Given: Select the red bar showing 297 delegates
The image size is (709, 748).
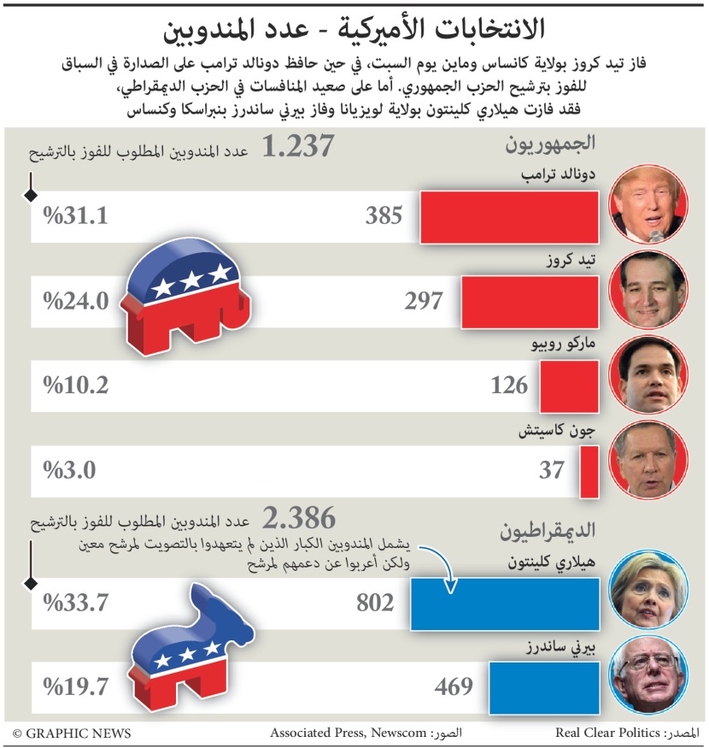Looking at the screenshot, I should pos(529,300).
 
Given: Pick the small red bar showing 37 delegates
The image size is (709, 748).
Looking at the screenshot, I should pos(589,470).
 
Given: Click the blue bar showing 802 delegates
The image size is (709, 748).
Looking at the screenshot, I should pos(505,603).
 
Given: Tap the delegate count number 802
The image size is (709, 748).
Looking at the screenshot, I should pos(375,603).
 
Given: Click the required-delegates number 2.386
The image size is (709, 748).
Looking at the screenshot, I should pos(298,518).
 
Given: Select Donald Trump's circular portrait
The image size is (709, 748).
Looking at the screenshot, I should pos(647,203).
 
